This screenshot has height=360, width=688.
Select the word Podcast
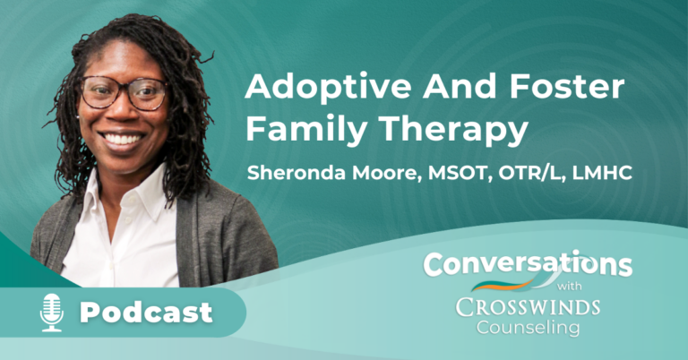click(x=147, y=313)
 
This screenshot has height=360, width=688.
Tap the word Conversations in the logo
click(x=527, y=264)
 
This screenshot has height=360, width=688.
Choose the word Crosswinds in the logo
click(x=528, y=306)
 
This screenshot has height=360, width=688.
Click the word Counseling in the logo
click(x=528, y=328)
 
